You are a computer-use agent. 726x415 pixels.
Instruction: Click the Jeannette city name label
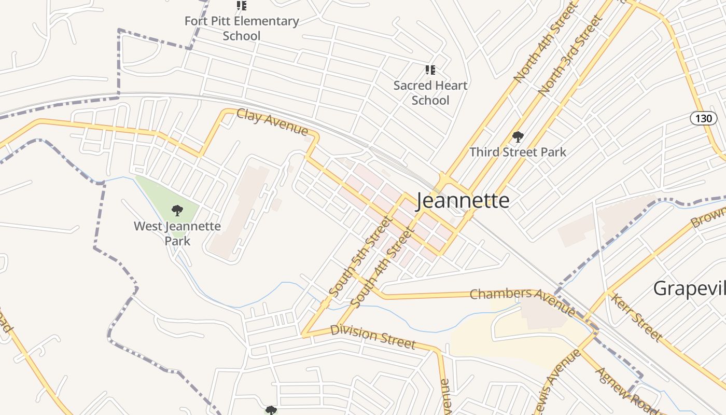click(x=463, y=200)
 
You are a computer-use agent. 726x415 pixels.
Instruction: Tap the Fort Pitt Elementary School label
click(x=242, y=29)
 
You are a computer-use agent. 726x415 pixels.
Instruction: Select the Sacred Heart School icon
click(x=430, y=70)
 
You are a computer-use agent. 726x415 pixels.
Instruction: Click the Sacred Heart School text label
click(x=430, y=92)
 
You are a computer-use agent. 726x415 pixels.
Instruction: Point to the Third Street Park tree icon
click(x=518, y=137)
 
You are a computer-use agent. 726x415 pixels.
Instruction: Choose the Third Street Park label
click(x=518, y=152)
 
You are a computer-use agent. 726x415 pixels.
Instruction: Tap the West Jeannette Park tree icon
click(x=177, y=211)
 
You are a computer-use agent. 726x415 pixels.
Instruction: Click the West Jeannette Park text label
click(x=177, y=233)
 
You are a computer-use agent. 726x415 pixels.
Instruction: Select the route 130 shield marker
click(x=703, y=118)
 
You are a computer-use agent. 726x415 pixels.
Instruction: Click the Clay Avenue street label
click(x=272, y=121)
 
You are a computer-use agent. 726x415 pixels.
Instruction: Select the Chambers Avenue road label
click(x=522, y=300)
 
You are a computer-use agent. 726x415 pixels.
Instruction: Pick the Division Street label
click(x=373, y=337)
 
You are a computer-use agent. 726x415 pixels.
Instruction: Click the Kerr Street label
click(x=636, y=317)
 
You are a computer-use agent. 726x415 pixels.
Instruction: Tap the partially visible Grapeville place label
click(x=689, y=288)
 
